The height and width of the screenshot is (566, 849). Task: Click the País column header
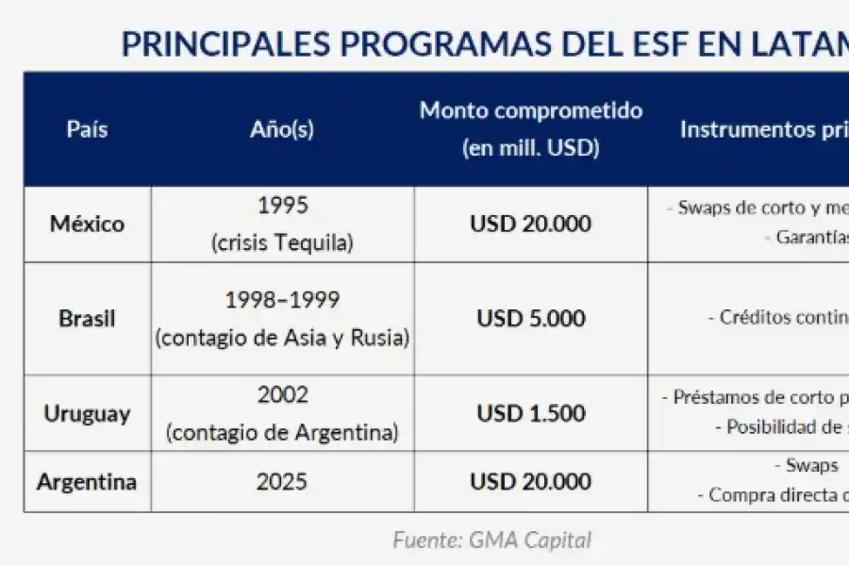87,129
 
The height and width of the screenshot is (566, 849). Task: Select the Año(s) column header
282,129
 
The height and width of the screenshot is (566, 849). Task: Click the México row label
87,225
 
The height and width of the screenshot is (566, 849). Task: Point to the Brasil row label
87,319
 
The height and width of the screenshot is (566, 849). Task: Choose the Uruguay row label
87,414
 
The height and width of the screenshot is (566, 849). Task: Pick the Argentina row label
87,482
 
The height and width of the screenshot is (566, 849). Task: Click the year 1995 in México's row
282,206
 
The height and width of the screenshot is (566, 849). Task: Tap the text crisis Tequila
282,242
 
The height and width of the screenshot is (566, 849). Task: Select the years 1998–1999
282,300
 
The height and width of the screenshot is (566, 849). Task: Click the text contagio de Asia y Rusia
282,338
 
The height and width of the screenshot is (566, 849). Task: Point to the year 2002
282,395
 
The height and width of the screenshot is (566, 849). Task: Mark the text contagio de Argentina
282,433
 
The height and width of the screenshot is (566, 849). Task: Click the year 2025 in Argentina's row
282,482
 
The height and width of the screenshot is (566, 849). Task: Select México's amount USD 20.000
531,225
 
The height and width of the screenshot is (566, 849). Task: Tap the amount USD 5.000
531,319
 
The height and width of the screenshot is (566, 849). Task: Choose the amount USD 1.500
531,414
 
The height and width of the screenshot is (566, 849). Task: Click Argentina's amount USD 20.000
531,482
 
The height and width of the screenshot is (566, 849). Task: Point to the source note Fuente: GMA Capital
492,541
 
